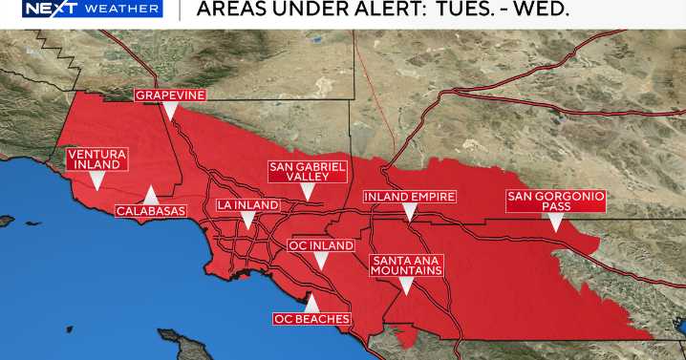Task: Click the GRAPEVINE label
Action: [x=169, y=95]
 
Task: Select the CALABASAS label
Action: [x=150, y=210]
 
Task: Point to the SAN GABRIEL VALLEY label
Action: [x=307, y=171]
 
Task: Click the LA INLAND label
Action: [x=247, y=205]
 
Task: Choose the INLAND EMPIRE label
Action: [x=410, y=197]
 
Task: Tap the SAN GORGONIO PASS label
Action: [x=555, y=201]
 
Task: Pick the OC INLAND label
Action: [x=321, y=245]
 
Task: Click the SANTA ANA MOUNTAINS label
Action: [x=407, y=265]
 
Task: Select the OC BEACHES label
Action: [x=311, y=318]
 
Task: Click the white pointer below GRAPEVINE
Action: [x=169, y=111]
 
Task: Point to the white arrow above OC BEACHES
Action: [x=311, y=302]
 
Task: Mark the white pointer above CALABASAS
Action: [x=150, y=192]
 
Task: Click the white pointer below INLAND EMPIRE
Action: [x=410, y=212]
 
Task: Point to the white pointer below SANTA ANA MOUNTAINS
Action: [x=407, y=286]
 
